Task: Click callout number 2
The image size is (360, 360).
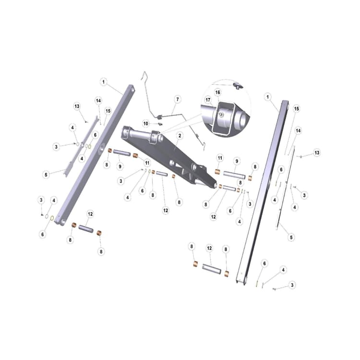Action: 180,136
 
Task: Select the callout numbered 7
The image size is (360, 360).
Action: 178,99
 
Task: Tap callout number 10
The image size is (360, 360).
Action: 146,123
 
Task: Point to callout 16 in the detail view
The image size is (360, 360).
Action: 217,92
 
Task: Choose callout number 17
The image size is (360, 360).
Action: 208,100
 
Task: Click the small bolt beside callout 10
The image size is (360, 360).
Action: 160,124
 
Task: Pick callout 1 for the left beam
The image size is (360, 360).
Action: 104,82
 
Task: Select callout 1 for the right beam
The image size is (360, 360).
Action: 267,96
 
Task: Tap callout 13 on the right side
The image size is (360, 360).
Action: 317,153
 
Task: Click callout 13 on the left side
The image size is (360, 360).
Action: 77,106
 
